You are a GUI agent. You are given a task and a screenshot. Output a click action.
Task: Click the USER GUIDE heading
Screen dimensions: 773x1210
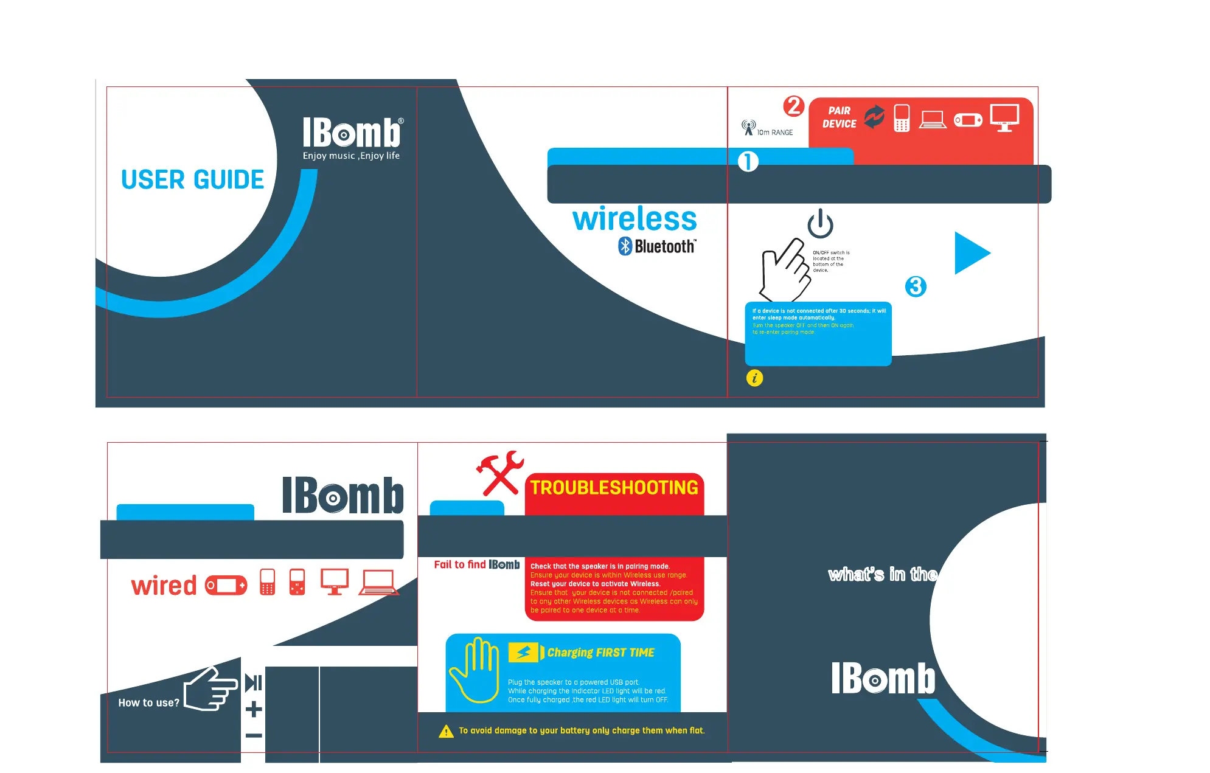tap(192, 180)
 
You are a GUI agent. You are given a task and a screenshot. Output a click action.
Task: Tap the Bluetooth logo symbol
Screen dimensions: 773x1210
tap(625, 246)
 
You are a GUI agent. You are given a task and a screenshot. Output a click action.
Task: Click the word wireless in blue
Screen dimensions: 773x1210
tap(635, 219)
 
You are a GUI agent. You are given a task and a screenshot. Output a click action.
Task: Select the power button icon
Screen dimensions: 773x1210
tap(820, 224)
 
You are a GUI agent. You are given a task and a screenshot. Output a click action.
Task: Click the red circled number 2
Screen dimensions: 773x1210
tap(793, 106)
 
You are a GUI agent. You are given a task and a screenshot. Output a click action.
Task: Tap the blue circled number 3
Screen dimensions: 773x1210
tap(915, 286)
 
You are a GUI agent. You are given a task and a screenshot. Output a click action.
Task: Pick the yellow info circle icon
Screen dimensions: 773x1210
tap(754, 378)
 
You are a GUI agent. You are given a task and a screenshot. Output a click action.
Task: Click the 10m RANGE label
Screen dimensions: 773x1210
tap(774, 133)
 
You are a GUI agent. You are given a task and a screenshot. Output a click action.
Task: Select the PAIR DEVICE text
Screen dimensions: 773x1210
tap(839, 117)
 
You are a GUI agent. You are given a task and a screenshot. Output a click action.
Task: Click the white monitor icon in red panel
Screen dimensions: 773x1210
tap(1004, 117)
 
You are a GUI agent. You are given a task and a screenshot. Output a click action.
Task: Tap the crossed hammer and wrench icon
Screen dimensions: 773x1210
tap(499, 473)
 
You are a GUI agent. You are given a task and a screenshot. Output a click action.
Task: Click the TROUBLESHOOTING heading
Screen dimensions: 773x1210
tap(614, 488)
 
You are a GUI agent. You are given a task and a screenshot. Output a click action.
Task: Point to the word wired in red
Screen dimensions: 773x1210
tap(164, 586)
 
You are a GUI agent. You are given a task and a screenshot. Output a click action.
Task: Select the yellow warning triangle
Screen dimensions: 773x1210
tap(446, 731)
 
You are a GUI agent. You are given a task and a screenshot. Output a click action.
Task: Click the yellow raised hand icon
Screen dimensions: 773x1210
tap(474, 669)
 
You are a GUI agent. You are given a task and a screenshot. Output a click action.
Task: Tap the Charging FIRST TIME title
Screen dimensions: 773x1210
tap(600, 653)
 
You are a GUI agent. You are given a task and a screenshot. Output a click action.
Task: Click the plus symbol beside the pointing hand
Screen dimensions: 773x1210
tap(254, 709)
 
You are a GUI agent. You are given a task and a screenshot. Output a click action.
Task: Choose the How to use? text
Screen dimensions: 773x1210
tap(148, 703)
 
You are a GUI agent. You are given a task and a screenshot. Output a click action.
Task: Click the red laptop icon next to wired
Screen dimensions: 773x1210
tap(378, 582)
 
